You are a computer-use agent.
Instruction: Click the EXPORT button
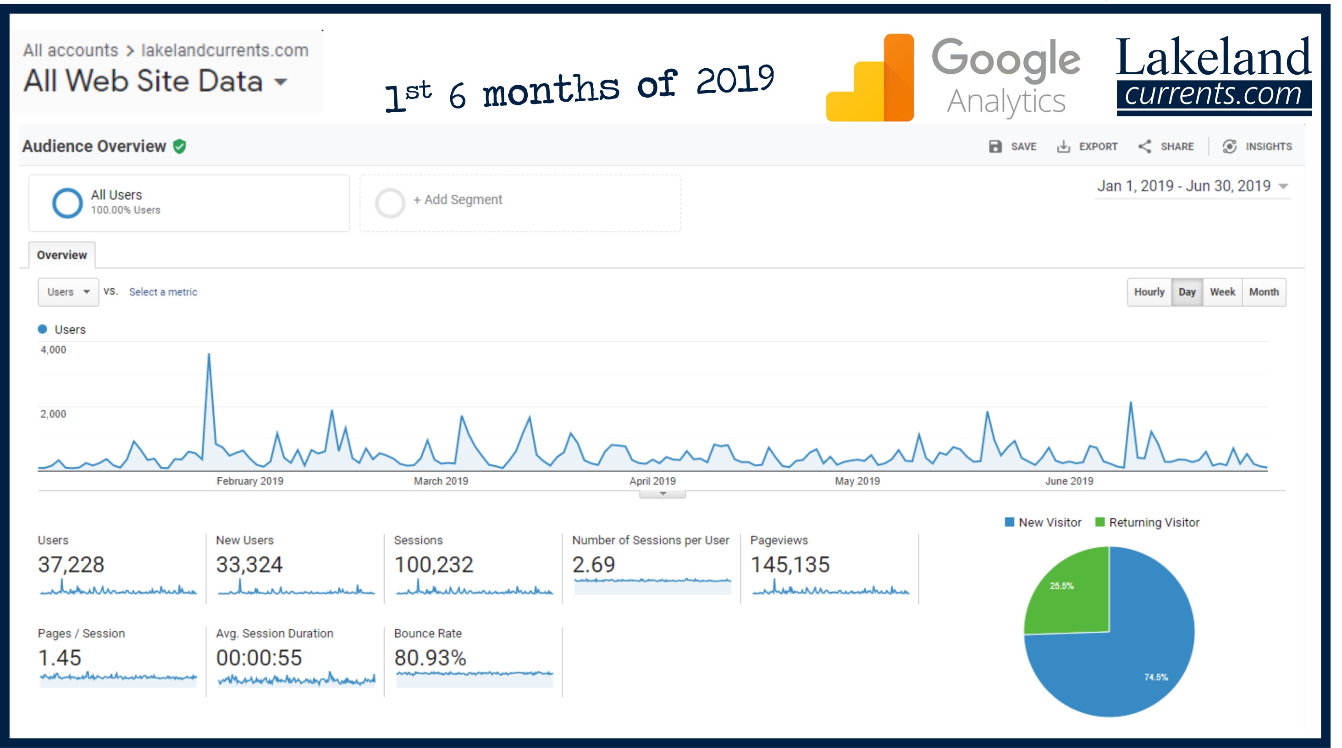click(1087, 147)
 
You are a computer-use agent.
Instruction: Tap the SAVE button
click(1012, 147)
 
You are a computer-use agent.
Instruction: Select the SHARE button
click(1166, 147)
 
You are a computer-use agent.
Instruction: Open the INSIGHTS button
click(1257, 147)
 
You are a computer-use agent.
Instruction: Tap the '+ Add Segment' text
click(458, 200)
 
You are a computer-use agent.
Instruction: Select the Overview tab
click(62, 255)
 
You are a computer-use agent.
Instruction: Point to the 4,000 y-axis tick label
click(53, 350)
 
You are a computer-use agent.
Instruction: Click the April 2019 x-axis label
click(652, 481)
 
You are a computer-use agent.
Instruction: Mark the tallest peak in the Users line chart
click(209, 355)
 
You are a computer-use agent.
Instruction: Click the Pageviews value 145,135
click(790, 565)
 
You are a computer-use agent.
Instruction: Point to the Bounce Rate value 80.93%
click(430, 658)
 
